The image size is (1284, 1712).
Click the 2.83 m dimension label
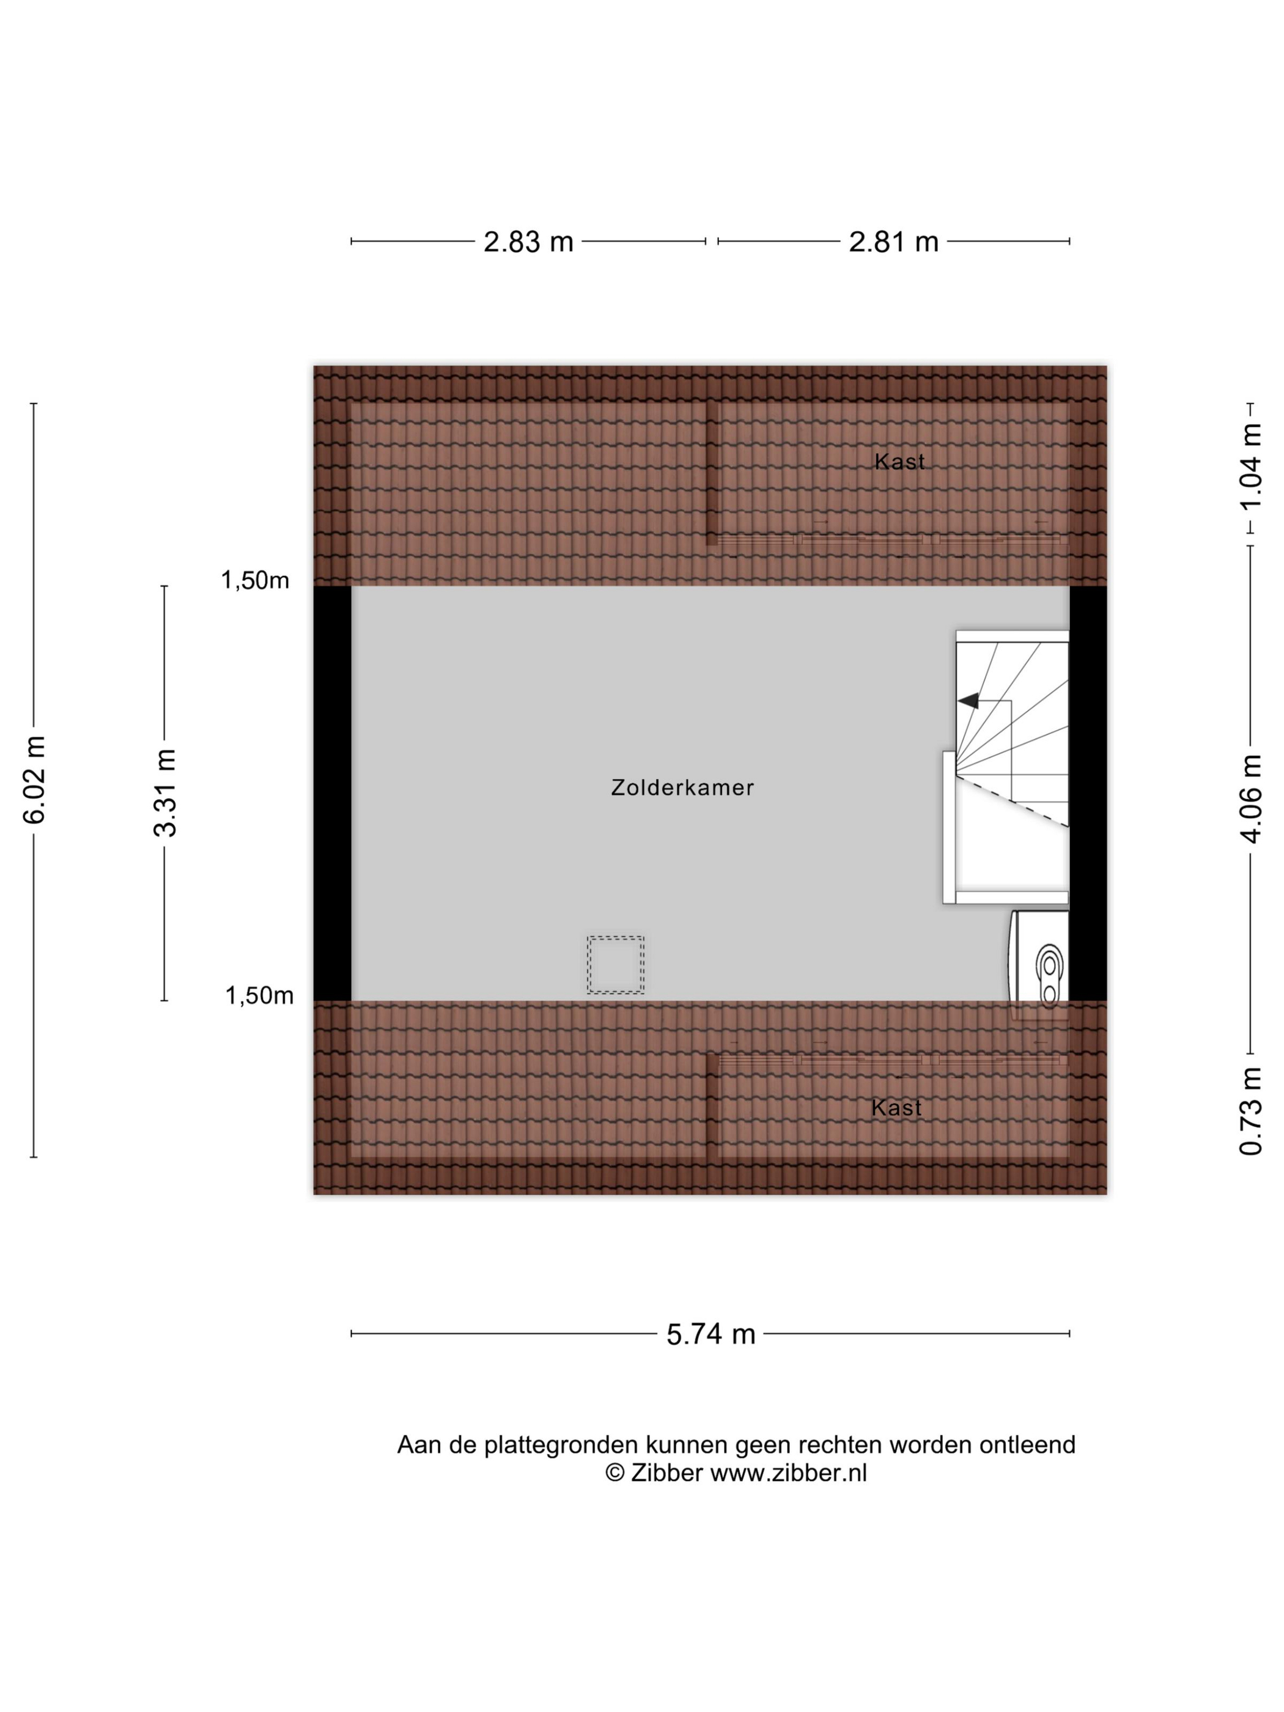click(x=528, y=242)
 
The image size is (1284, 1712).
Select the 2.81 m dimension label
click(x=893, y=242)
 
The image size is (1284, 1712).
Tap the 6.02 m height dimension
click(x=35, y=780)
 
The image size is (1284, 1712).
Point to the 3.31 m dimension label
click(x=166, y=792)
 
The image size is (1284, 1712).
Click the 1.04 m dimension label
click(x=1251, y=468)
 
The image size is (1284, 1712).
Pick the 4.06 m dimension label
click(x=1251, y=799)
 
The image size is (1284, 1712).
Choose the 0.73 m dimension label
click(x=1251, y=1112)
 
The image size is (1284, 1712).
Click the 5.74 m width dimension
click(x=710, y=1334)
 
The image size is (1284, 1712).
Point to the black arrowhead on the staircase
click(x=969, y=701)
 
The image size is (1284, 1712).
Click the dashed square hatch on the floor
click(x=615, y=964)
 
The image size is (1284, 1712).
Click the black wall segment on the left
click(x=332, y=793)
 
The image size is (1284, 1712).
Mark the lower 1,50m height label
click(x=259, y=996)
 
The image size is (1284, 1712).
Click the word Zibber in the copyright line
click(x=666, y=1473)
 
